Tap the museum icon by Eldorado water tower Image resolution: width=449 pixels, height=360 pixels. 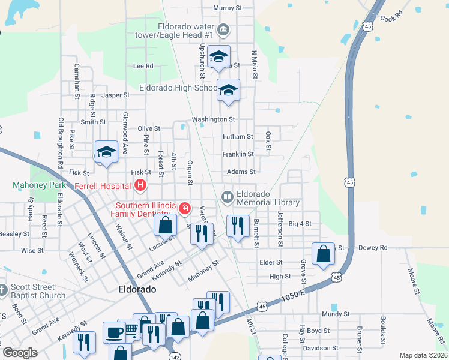pyautogui.click(x=224, y=29)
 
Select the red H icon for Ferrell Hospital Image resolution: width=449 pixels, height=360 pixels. pyautogui.click(x=140, y=185)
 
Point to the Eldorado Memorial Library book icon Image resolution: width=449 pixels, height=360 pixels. pyautogui.click(x=228, y=196)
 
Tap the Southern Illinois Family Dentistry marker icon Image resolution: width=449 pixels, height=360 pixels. pyautogui.click(x=185, y=208)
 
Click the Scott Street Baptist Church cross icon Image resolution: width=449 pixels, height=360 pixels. pyautogui.click(x=3, y=290)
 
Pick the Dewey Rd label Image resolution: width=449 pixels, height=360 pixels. pyautogui.click(x=373, y=247)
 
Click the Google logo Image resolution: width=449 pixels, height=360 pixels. pyautogui.click(x=20, y=352)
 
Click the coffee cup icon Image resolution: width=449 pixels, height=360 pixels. pyautogui.click(x=113, y=331)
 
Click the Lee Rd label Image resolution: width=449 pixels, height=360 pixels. pyautogui.click(x=143, y=66)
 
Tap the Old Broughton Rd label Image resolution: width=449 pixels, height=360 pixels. pyautogui.click(x=61, y=142)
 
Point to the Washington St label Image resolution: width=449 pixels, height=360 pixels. pyautogui.click(x=213, y=119)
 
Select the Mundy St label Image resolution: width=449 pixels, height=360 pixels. pyautogui.click(x=335, y=314)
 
